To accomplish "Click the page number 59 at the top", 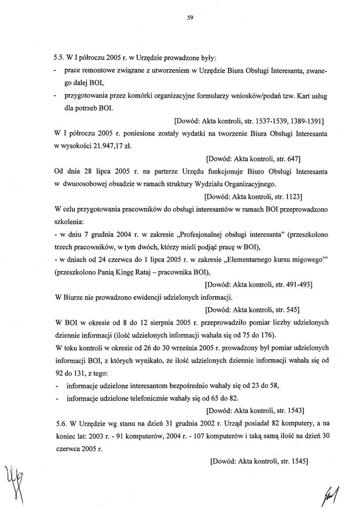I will [x=190, y=17].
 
